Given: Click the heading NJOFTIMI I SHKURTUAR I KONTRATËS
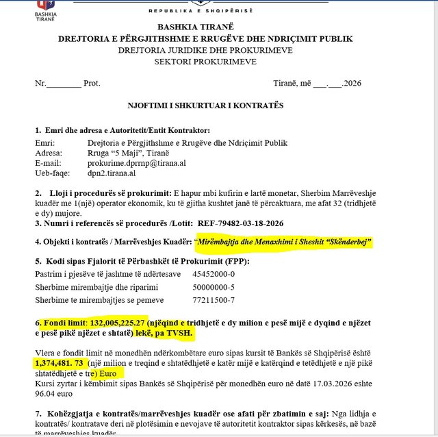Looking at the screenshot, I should tap(205, 105).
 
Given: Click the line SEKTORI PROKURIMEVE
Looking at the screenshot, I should tap(205, 62).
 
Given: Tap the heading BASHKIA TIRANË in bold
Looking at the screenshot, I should tap(205, 26).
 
